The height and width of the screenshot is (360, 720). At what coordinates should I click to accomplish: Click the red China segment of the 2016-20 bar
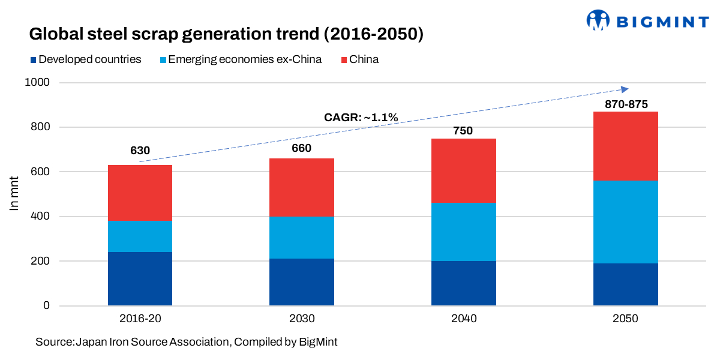coord(140,193)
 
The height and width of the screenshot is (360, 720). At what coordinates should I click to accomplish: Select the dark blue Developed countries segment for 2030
coord(302,282)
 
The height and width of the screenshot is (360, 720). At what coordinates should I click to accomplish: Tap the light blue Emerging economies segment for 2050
coord(625,222)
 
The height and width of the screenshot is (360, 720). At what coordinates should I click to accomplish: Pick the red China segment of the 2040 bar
coord(463,170)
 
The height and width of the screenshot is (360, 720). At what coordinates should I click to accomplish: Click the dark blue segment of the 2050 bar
coord(625,284)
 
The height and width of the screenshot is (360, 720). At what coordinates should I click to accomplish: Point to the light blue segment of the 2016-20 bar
coord(140,236)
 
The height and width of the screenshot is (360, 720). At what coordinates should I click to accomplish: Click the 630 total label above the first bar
coord(140,151)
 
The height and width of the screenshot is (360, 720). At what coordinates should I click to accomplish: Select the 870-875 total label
coord(625,104)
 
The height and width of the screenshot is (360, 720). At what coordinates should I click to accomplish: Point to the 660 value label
coord(302,148)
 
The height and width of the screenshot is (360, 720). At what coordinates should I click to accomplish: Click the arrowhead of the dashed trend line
coord(625,89)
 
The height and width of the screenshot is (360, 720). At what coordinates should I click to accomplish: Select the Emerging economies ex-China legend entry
coord(240,59)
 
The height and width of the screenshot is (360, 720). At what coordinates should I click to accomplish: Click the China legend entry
coord(359,59)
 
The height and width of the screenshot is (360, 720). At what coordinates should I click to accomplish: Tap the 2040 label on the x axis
coord(463,319)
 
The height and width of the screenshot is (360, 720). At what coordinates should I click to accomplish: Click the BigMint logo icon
coord(598,20)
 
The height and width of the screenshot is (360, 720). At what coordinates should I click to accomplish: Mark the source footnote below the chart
coord(186,342)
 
